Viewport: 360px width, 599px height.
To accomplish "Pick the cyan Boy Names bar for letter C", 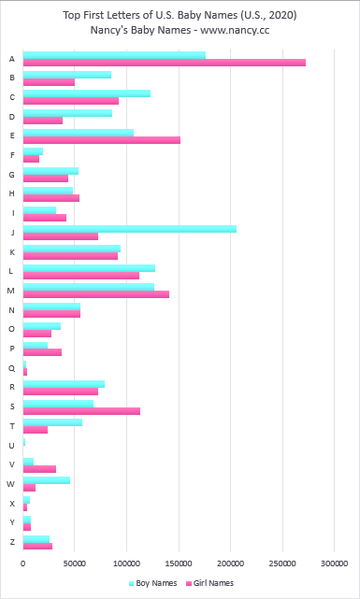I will (86, 93).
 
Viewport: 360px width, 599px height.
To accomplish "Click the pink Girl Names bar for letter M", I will (95, 293).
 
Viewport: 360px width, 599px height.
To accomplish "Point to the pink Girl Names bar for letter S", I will (81, 410).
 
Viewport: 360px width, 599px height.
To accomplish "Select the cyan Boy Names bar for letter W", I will (46, 480).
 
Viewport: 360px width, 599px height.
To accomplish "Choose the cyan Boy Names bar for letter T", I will (52, 422).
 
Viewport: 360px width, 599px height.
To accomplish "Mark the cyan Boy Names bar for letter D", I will (67, 113).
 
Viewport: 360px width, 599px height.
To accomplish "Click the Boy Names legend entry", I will (151, 583).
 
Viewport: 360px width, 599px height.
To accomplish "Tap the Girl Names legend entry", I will (209, 583).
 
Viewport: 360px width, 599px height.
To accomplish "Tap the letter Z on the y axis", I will (10, 542).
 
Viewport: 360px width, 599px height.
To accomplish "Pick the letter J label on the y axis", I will (10, 232).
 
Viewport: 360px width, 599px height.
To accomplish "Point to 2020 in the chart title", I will (261, 13).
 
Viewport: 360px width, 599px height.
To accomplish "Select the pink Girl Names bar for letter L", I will (80, 275).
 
